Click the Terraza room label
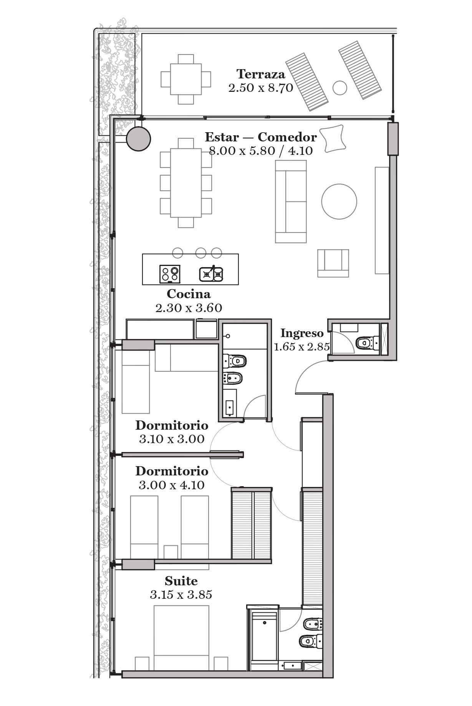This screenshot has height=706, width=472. pyautogui.click(x=261, y=74)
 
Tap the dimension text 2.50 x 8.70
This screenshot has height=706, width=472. pyautogui.click(x=261, y=88)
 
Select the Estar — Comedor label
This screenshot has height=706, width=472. pyautogui.click(x=261, y=137)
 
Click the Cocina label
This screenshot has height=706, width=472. pyautogui.click(x=189, y=294)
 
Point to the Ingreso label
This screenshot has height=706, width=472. pyautogui.click(x=302, y=333)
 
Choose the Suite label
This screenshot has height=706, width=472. pyautogui.click(x=181, y=581)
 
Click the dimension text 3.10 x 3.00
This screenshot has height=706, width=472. pyautogui.click(x=172, y=439)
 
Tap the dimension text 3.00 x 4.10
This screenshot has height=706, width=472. pyautogui.click(x=172, y=485)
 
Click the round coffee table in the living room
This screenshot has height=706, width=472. pyautogui.click(x=339, y=202)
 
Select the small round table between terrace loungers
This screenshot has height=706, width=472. pyautogui.click(x=340, y=88)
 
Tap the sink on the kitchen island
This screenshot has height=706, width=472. pyautogui.click(x=211, y=274)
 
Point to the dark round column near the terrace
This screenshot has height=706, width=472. pyautogui.click(x=139, y=139)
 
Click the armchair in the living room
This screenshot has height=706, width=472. pyautogui.click(x=333, y=263)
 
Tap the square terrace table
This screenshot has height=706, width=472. pyautogui.click(x=186, y=79)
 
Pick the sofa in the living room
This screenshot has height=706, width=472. pyautogui.click(x=291, y=201)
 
